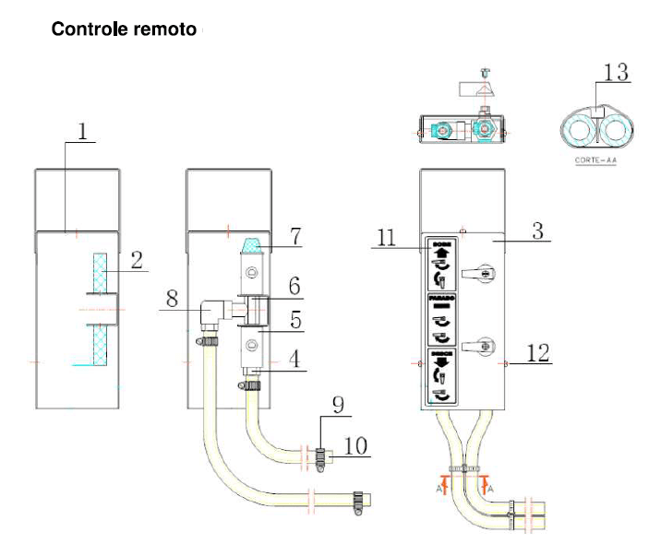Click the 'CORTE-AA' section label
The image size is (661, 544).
click(x=593, y=160)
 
